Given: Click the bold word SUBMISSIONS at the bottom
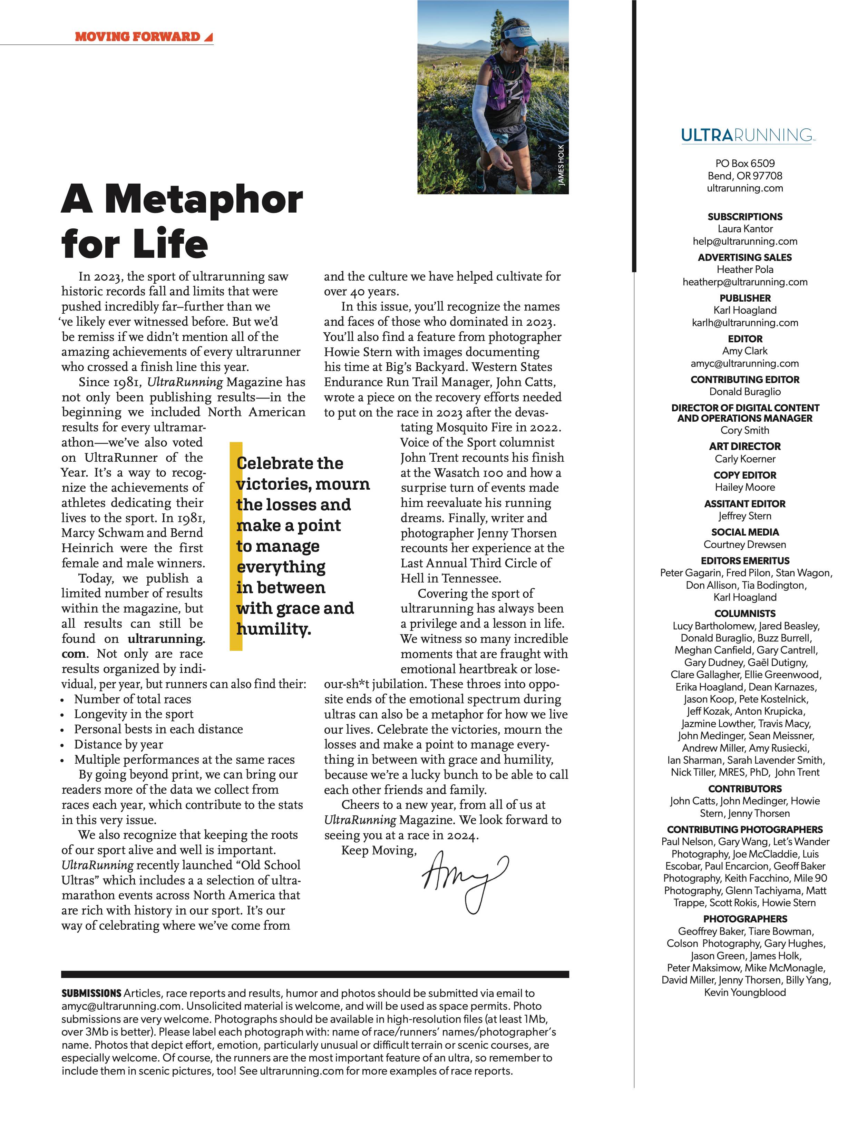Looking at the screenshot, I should (x=91, y=993).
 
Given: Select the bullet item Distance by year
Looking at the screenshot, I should (x=119, y=744).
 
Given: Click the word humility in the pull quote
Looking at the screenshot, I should (x=273, y=629).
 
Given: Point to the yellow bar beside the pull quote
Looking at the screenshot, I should (x=236, y=547).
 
